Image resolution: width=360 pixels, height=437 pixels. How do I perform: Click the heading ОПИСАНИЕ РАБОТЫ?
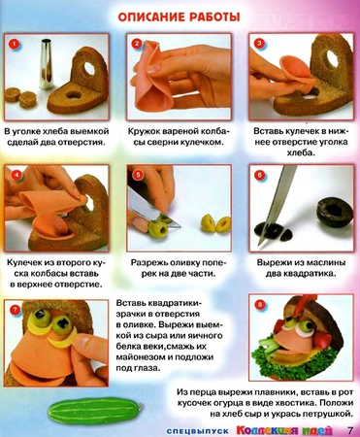(180, 17)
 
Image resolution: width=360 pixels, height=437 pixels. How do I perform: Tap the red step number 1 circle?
(14, 45)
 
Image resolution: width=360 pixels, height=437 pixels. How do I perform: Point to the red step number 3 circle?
(258, 45)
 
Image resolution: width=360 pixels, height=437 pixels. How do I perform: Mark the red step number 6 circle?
(258, 176)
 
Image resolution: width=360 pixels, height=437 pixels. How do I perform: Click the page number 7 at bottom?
(350, 428)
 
